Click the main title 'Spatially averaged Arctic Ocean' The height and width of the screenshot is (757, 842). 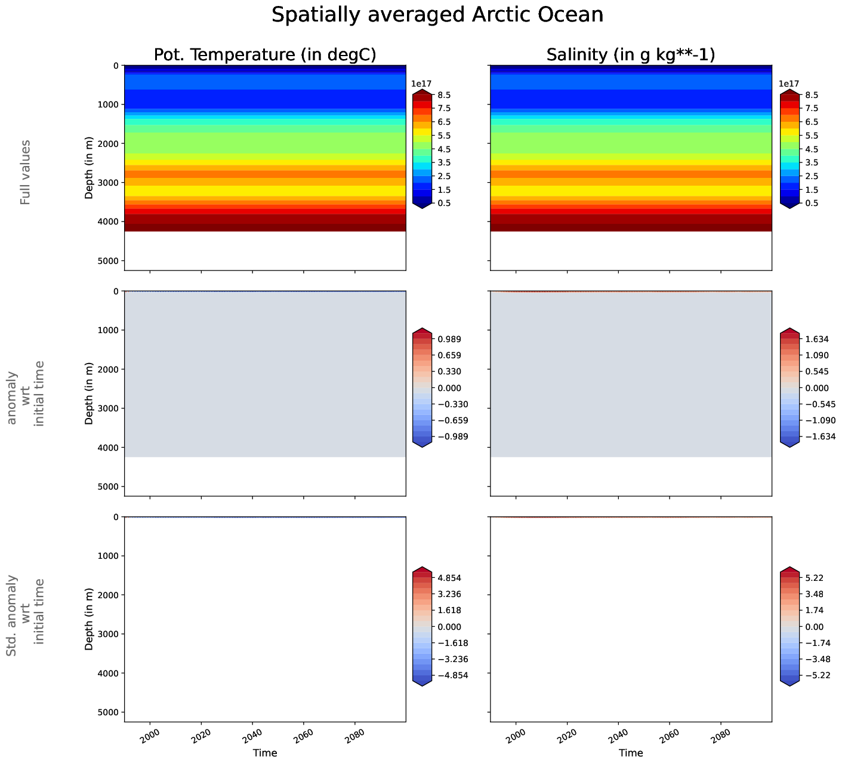pos(437,15)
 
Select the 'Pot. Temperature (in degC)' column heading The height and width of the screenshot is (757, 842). pos(265,55)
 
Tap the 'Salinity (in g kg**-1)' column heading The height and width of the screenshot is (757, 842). pos(631,55)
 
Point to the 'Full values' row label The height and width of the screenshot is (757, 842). pos(25,173)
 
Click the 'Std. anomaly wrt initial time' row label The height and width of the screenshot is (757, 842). pos(25,616)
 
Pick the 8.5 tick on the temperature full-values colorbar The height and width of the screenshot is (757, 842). pos(444,95)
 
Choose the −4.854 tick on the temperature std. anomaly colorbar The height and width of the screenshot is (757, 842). pos(452,675)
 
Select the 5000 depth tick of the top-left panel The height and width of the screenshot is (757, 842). pos(109,261)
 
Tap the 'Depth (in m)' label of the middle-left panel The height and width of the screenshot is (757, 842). pos(90,393)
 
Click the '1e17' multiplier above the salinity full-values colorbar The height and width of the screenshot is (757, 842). pos(789,84)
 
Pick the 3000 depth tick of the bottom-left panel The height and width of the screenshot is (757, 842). pos(109,634)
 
